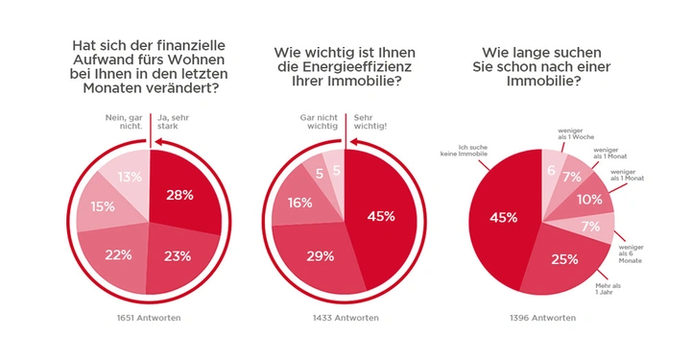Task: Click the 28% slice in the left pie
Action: [x=180, y=195]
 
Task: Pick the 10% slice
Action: [x=589, y=200]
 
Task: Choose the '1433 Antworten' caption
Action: [x=344, y=318]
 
